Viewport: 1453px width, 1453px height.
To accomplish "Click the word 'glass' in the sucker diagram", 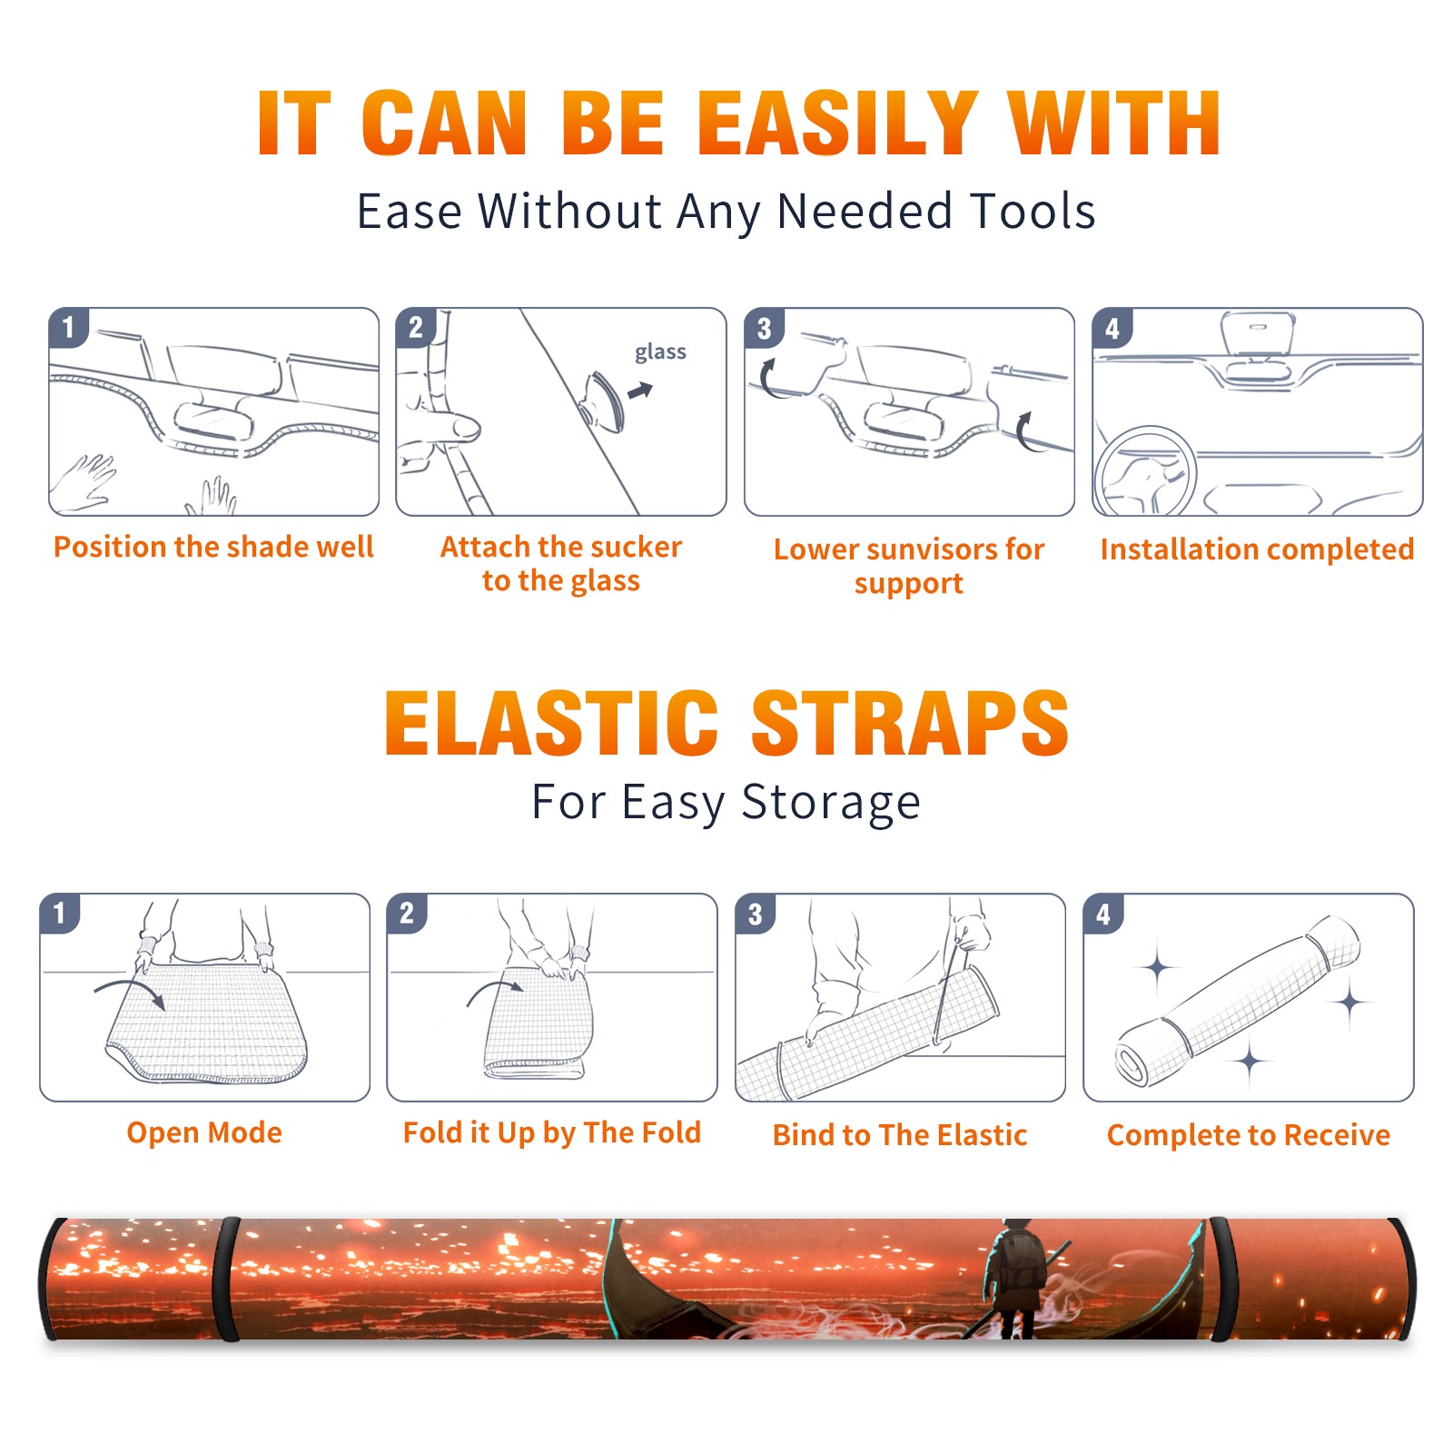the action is pyautogui.click(x=660, y=352).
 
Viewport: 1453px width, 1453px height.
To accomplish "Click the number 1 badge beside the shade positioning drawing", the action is pyautogui.click(x=68, y=326).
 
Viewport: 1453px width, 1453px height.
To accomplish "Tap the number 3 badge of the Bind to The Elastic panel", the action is pyautogui.click(x=755, y=914).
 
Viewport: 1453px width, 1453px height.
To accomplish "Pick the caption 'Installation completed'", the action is pyautogui.click(x=1257, y=549).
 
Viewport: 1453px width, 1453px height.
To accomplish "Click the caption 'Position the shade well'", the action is pyautogui.click(x=213, y=547).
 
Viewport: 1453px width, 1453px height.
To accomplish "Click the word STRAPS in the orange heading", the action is pyautogui.click(x=910, y=723).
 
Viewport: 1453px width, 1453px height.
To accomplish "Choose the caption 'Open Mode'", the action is pyautogui.click(x=204, y=1132).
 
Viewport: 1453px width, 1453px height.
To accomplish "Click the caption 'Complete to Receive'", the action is pyautogui.click(x=1249, y=1135).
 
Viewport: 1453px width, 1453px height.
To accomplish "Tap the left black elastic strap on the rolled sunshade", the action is pyautogui.click(x=227, y=1279).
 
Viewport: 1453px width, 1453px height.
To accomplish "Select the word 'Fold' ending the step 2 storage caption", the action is pyautogui.click(x=671, y=1132).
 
